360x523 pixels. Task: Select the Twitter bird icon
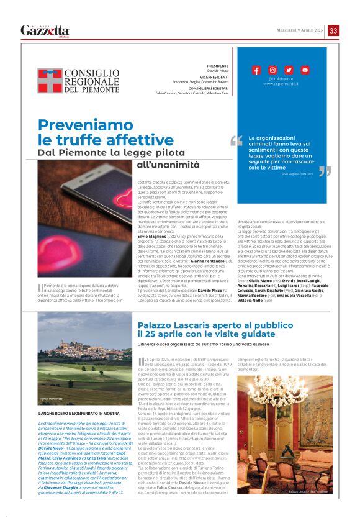point(289,70)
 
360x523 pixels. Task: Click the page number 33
point(333,30)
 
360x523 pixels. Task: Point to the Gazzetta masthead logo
point(45,30)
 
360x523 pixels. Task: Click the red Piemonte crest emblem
point(50,80)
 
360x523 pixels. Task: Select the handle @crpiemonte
point(281,78)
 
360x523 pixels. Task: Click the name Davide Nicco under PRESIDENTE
point(217,71)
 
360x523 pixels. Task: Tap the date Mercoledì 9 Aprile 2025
point(300,31)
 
